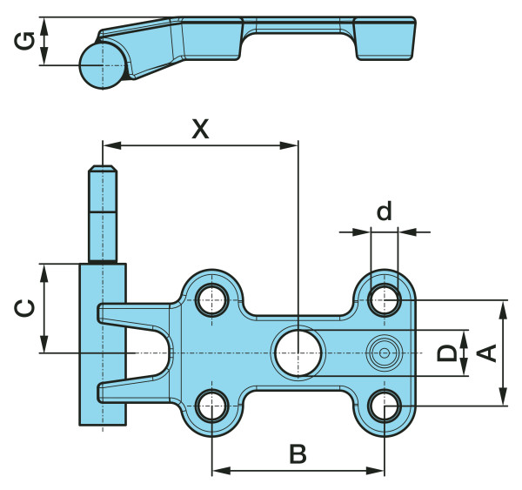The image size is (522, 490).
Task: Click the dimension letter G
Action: pos(24,41)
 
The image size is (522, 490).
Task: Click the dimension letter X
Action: pos(200,129)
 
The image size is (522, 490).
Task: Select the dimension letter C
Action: pos(24,308)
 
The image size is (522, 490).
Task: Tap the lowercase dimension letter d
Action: pos(385,211)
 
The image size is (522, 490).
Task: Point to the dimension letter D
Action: pos(447,353)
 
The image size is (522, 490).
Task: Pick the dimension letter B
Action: pos(298,453)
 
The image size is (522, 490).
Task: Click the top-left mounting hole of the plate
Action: pos(212,300)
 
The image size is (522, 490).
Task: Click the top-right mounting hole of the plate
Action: pos(385,300)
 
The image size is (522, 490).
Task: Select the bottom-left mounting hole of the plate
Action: pos(212,406)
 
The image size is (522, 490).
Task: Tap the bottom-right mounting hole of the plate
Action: pos(385,406)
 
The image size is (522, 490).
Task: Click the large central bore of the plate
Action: pos(298,353)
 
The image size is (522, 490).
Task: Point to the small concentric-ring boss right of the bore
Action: pos(385,353)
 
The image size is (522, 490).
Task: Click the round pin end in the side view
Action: pos(103,65)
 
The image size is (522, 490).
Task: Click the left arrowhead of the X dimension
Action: pos(112,145)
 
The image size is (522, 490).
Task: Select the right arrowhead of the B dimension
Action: pos(375,471)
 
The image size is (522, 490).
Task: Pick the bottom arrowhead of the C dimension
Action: pos(43,344)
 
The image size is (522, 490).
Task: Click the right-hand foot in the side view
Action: pos(385,38)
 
